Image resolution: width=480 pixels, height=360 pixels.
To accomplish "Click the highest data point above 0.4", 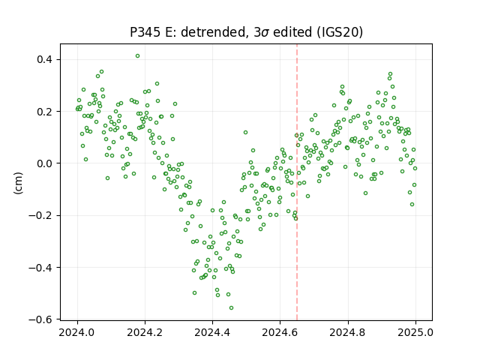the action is coord(137,55).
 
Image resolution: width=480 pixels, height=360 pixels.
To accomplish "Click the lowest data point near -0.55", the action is coord(232,307).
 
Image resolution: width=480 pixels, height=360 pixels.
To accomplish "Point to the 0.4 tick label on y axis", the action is coord(46,59).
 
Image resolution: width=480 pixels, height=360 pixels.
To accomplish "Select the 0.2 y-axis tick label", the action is coord(46,112).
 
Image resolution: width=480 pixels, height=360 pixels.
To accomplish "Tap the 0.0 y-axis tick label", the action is coord(46,163).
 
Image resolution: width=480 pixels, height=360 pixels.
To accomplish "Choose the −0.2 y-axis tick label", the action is coord(41,215).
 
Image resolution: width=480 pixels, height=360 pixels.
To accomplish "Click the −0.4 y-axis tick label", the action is coord(41,268).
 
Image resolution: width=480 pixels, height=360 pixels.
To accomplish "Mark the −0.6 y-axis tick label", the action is coord(41,319).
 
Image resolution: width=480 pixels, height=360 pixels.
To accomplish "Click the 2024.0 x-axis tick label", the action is coord(77,332).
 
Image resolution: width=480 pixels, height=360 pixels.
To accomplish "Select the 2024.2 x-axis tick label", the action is coord(145,332).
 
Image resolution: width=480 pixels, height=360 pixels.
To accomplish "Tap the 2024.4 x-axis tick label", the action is coord(212,332).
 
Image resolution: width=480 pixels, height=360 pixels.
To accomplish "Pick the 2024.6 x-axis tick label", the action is coord(280,332).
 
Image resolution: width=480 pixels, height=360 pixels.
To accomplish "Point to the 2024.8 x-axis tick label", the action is coord(348,332).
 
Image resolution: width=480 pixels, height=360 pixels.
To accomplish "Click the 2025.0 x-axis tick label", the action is coord(415,332).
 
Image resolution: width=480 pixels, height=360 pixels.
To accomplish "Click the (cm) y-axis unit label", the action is coord(18,183).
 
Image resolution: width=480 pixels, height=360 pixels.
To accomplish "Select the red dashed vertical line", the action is coord(297,182).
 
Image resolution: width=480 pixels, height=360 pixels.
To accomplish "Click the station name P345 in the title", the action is coord(145,31).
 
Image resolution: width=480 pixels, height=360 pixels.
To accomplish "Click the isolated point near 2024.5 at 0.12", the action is coord(245,132).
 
